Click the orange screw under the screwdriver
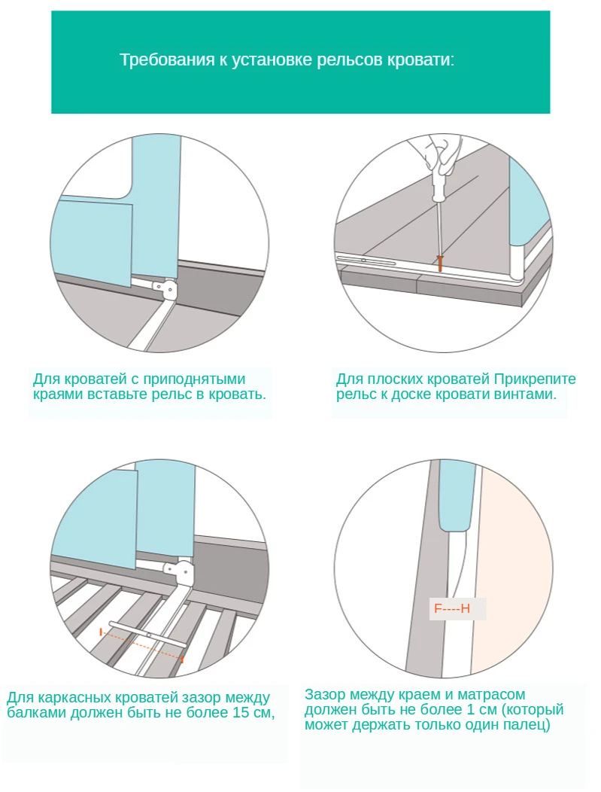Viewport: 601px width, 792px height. [x=441, y=263]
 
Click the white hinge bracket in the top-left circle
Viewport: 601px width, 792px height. [x=167, y=288]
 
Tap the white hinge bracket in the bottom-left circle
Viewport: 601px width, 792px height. [x=184, y=574]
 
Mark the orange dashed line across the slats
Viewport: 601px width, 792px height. [x=141, y=644]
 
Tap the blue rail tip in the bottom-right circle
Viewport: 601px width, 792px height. [x=457, y=497]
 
